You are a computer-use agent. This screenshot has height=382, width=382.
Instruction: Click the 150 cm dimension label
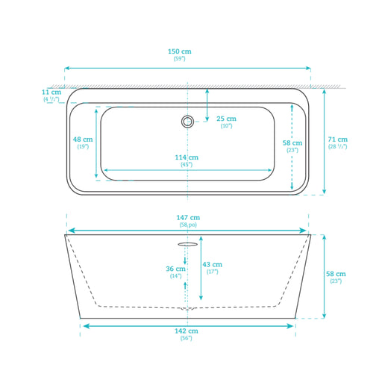click(x=180, y=51)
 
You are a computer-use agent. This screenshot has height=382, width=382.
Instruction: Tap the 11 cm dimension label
click(x=51, y=93)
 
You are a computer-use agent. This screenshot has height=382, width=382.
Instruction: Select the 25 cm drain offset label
click(x=226, y=119)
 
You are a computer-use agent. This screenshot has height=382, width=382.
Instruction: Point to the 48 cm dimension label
click(x=83, y=140)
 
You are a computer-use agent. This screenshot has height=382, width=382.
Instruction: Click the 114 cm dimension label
click(x=187, y=157)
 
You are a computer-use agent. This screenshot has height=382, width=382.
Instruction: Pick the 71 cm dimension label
click(x=337, y=140)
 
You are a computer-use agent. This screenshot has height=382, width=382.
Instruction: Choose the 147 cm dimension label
click(x=188, y=218)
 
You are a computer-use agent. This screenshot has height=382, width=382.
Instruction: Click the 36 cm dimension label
click(x=175, y=269)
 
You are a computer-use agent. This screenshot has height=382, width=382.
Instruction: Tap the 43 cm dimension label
click(x=212, y=264)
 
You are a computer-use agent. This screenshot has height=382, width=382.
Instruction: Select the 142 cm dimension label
click(x=187, y=331)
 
